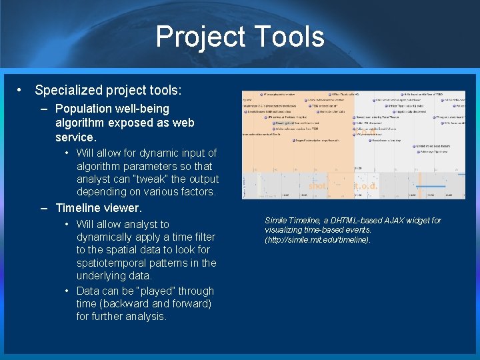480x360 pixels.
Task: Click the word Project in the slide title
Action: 198,37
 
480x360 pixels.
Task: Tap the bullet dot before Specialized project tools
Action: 21,90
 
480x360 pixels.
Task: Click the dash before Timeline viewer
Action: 44,208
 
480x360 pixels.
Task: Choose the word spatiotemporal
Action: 113,263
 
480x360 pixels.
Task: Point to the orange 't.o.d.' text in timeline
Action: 365,186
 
